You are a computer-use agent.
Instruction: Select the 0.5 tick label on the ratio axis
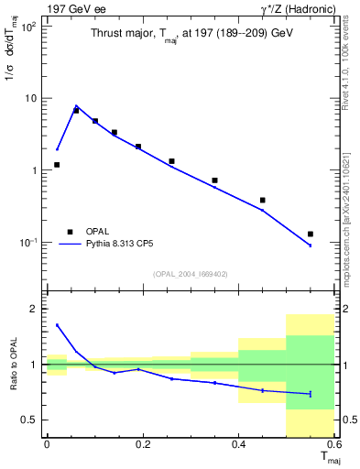coord(27,420)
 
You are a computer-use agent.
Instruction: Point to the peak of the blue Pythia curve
coord(76,106)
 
